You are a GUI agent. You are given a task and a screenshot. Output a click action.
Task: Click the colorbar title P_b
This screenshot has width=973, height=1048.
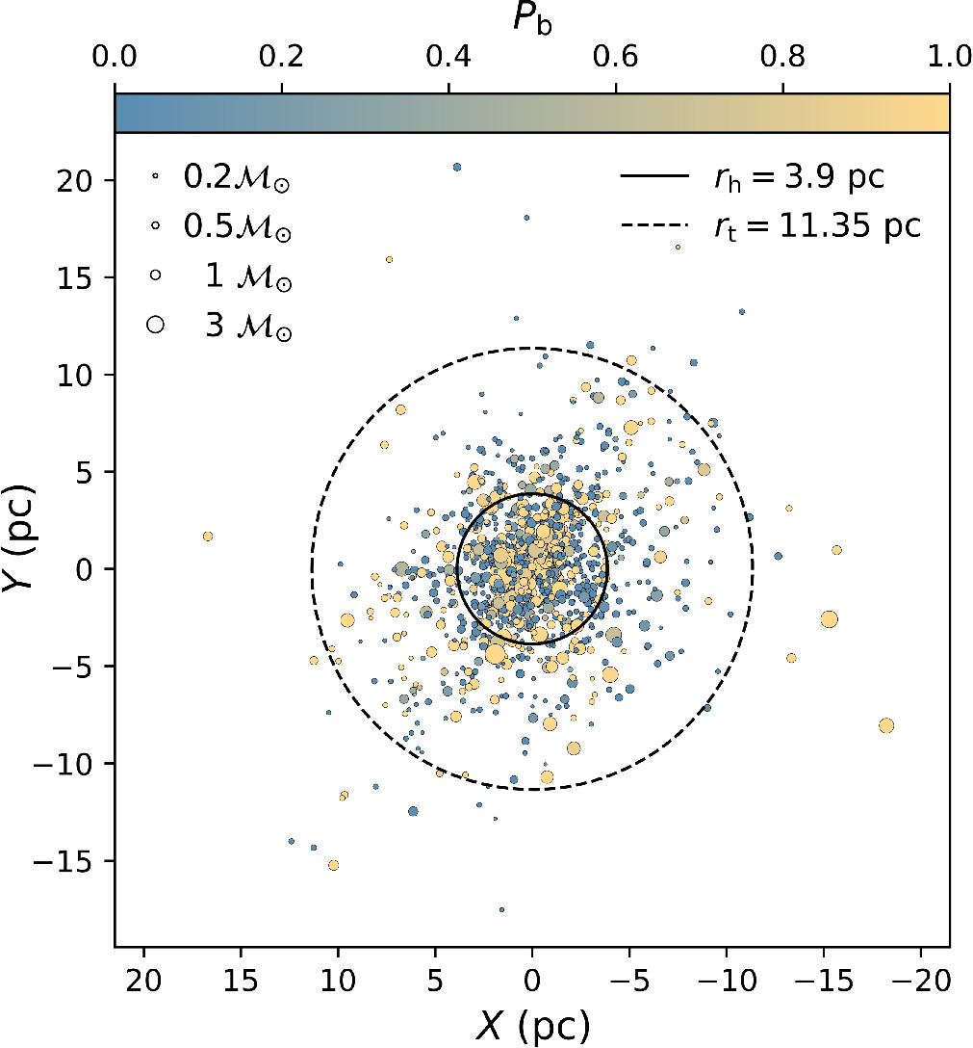[x=531, y=20]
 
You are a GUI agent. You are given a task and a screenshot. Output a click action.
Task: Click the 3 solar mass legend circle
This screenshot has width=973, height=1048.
[x=154, y=326]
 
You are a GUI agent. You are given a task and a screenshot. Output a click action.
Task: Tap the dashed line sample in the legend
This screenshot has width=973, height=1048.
[x=655, y=226]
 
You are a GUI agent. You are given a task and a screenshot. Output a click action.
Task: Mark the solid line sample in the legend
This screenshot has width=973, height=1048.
[x=655, y=177]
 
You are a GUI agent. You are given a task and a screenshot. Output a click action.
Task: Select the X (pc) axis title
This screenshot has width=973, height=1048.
[x=531, y=1027]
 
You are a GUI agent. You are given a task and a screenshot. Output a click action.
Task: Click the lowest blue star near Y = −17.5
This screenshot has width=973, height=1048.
[x=501, y=909]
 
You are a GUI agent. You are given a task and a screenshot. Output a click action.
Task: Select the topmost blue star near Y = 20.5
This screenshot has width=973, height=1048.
[x=457, y=167]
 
